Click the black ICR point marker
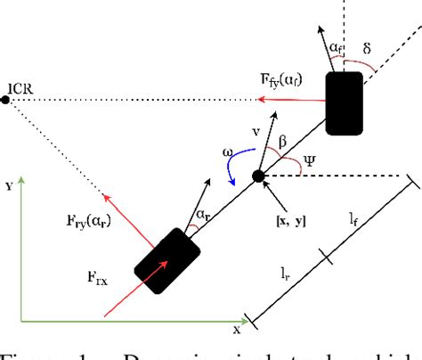pos(5,99)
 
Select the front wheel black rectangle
pos(344,103)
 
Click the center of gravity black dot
pos(259,176)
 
